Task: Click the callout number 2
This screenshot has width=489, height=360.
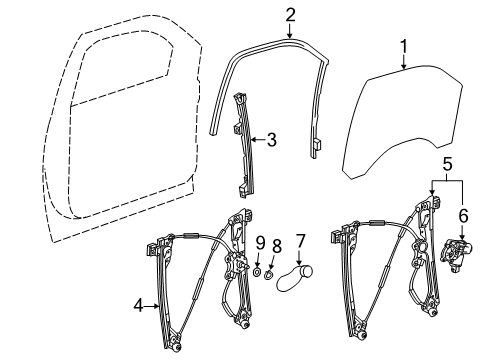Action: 290,15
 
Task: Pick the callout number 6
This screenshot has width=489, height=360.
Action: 462,214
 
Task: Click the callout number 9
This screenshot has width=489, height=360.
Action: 259,242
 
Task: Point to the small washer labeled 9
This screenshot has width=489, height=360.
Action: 257,271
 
